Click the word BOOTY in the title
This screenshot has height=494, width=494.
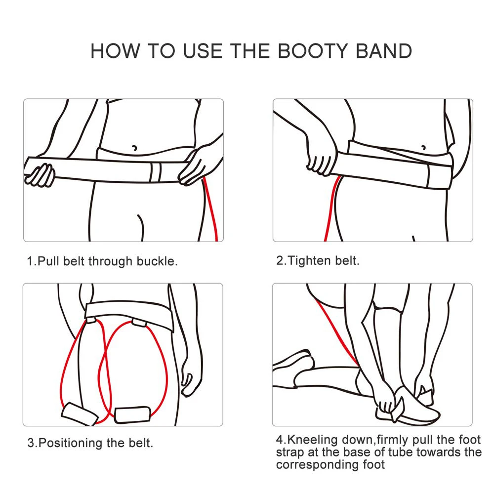click(312, 51)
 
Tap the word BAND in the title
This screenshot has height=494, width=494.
click(384, 51)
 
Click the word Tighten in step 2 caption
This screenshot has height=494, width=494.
click(309, 261)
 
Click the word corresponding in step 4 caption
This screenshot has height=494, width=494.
click(318, 465)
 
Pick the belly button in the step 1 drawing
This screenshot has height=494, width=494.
click(135, 147)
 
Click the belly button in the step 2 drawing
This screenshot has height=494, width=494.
click(424, 147)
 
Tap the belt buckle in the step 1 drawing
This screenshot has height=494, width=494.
click(156, 172)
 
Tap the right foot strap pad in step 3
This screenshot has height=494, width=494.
click(132, 415)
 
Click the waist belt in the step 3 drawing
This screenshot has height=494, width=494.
click(129, 315)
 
